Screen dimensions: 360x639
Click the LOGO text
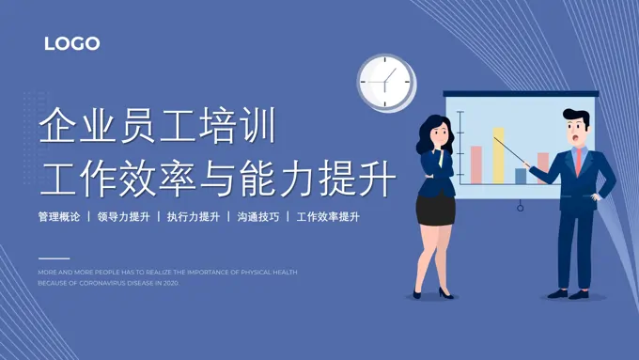tap(71, 43)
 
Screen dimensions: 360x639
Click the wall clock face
tap(386, 82)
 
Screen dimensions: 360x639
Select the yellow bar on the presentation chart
tap(498, 155)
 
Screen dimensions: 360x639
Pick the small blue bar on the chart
tap(521, 175)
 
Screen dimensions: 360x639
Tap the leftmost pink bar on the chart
tap(476, 164)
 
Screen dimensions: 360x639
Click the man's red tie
tap(579, 160)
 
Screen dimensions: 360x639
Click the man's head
tap(576, 127)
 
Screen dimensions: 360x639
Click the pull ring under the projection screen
tap(520, 206)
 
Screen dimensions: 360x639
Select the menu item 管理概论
tap(59, 216)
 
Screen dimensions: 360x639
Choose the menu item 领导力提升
tap(123, 216)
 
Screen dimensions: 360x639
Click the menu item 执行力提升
tap(193, 216)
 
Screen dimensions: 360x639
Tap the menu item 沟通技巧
tap(257, 216)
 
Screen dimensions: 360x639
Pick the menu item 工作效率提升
tap(328, 216)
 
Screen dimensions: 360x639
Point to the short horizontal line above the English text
tap(54, 258)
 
